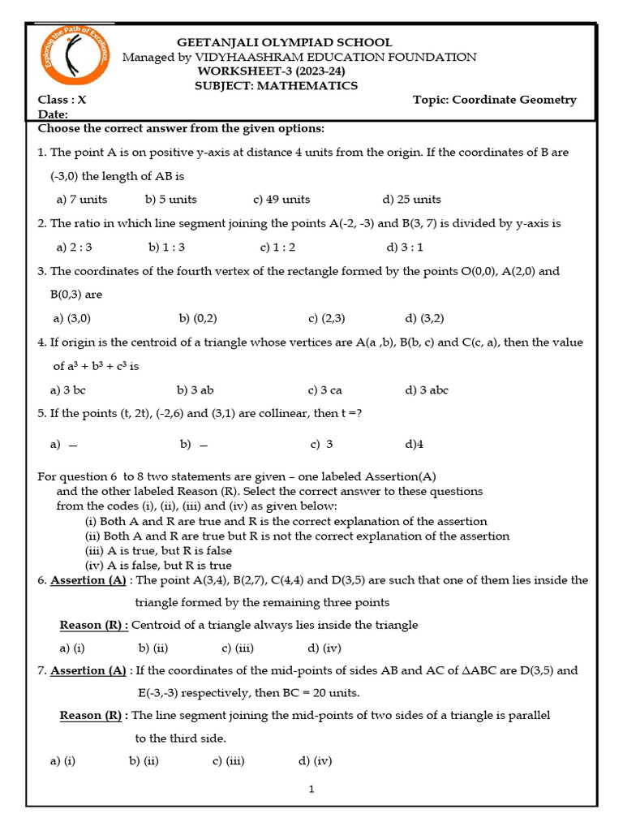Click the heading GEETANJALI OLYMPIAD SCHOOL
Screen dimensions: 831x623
(284, 42)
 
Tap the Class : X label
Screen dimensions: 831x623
(62, 100)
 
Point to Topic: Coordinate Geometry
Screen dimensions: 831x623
(494, 100)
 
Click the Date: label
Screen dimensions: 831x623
(54, 115)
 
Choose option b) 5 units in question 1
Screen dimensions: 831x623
(170, 199)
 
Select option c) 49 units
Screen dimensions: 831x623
(281, 199)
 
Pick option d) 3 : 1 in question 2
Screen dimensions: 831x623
(405, 247)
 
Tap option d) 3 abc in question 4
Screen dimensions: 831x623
(426, 390)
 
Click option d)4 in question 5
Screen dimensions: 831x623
(414, 444)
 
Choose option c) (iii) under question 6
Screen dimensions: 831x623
(238, 648)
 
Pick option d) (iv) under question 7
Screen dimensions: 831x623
(315, 760)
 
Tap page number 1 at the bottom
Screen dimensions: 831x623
(311, 789)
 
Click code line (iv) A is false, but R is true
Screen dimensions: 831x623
(158, 566)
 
